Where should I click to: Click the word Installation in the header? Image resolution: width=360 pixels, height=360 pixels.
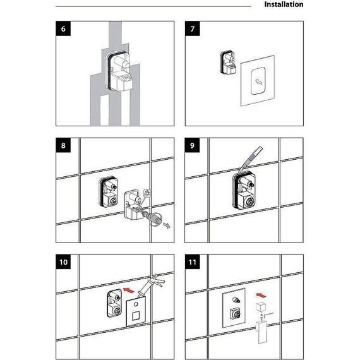(284, 4)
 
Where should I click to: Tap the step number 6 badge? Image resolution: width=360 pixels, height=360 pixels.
(63, 28)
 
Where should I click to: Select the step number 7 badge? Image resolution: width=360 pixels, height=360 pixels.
(193, 28)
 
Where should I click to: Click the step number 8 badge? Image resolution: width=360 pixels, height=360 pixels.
(63, 145)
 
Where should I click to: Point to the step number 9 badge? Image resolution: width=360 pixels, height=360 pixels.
(193, 145)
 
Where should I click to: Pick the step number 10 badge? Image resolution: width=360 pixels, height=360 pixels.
(63, 262)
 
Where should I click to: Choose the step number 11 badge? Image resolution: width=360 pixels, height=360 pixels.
(193, 262)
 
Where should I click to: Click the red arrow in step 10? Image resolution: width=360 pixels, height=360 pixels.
(129, 290)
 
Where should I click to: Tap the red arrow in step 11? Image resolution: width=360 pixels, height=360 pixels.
(261, 295)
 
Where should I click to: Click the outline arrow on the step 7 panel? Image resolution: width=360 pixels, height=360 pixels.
(259, 81)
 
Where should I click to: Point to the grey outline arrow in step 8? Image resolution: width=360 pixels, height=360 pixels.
(167, 225)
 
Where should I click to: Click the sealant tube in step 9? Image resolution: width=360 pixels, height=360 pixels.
(251, 158)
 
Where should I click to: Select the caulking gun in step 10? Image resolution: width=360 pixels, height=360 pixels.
(151, 284)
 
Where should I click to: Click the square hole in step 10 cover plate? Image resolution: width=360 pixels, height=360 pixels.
(135, 316)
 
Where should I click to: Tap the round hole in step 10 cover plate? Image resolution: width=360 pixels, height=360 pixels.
(136, 304)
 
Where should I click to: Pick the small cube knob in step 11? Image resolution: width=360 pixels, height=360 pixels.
(261, 307)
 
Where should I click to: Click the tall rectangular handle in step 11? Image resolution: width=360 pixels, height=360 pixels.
(261, 332)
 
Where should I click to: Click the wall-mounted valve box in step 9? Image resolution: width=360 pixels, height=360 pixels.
(244, 191)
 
